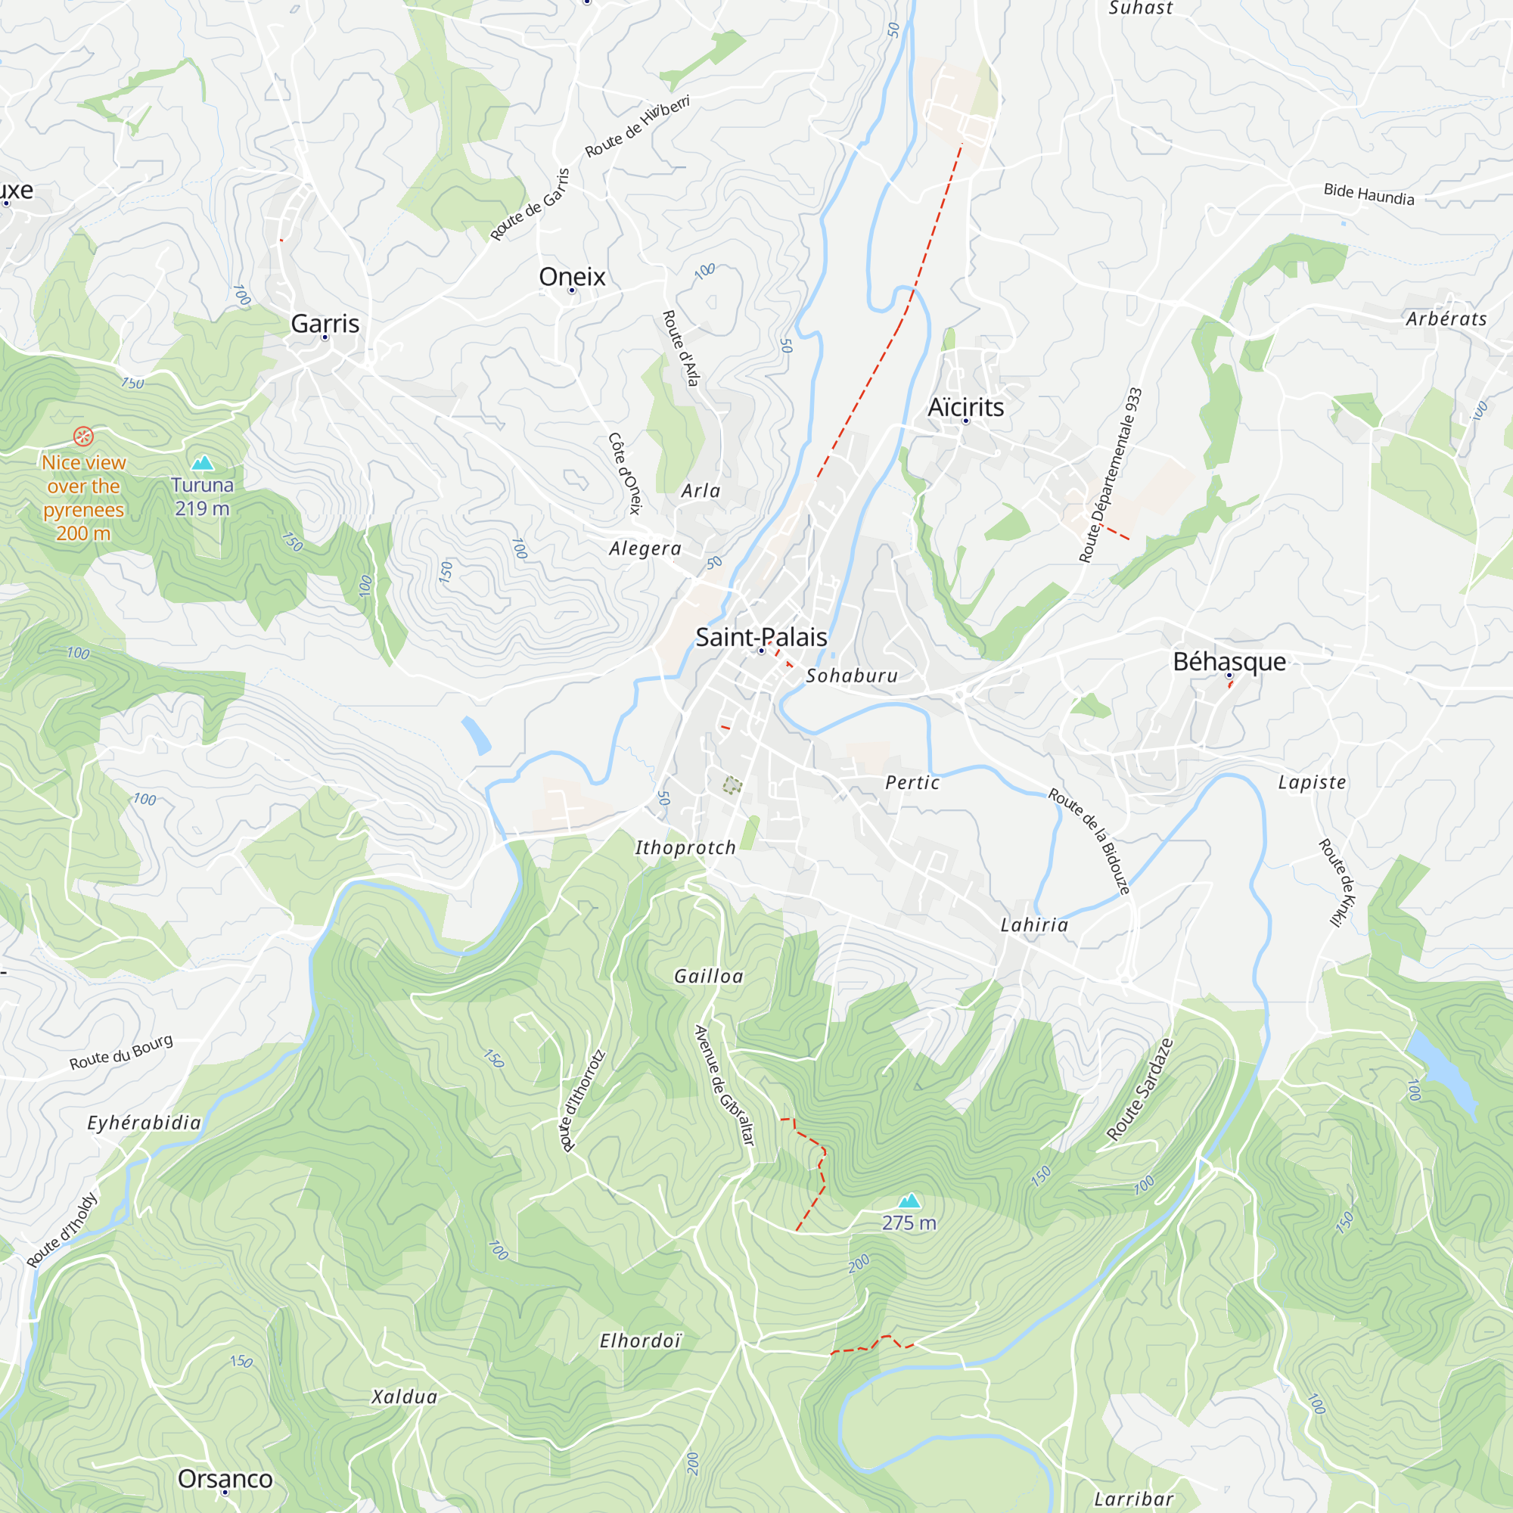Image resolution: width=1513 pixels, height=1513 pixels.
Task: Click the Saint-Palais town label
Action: [x=760, y=638]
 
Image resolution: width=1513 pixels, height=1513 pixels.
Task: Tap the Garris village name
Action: [x=325, y=324]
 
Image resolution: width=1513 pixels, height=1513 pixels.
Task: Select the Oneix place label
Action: [x=572, y=276]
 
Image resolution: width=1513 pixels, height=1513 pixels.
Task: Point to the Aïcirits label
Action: [x=965, y=407]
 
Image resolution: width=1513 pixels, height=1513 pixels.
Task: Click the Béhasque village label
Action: [x=1229, y=662]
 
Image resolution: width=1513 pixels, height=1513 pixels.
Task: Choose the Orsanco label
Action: [x=225, y=1478]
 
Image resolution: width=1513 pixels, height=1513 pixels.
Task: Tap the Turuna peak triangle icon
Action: [x=203, y=463]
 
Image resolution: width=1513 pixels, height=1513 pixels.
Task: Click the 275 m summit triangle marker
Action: [x=909, y=1201]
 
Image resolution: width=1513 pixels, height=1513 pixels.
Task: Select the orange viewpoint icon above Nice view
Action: [x=84, y=437]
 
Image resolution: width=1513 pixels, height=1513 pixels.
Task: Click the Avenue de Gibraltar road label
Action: [x=725, y=1085]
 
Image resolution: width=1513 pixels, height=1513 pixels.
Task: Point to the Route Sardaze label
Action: [x=1139, y=1089]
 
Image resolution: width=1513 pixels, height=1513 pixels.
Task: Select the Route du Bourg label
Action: [x=121, y=1052]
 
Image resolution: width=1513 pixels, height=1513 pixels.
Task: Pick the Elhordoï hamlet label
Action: [x=640, y=1341]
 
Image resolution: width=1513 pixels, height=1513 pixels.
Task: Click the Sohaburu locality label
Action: [x=851, y=676]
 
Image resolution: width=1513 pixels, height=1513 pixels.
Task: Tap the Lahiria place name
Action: [x=1033, y=926]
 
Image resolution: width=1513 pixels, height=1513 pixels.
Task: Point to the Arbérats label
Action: [x=1446, y=318]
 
